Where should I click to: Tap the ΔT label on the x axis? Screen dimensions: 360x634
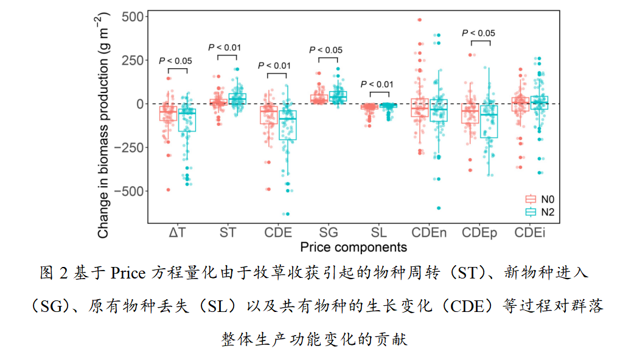tap(178, 232)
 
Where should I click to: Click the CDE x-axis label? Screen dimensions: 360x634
tap(278, 232)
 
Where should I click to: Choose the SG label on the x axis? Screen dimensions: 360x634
tap(329, 232)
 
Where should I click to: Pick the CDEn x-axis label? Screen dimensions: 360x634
tap(429, 232)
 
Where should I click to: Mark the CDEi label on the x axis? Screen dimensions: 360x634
tap(529, 232)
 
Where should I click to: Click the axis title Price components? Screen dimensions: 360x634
tap(353, 247)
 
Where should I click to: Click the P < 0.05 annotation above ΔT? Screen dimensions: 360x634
tap(176, 61)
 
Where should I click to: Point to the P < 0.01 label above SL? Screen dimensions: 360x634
tap(377, 85)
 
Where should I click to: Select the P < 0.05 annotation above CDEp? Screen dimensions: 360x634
tap(478, 33)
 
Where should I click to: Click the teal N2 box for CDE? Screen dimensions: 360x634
tap(287, 125)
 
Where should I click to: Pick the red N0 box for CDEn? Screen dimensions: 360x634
tap(419, 108)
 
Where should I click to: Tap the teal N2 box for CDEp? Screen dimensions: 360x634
tap(489, 121)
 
